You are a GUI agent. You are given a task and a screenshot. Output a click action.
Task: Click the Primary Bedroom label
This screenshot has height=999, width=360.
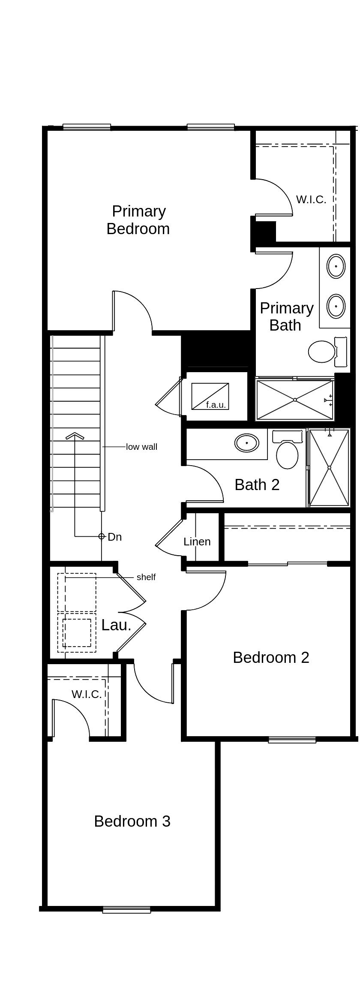click(x=138, y=220)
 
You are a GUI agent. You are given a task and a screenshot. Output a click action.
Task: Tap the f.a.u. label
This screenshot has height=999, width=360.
click(x=216, y=405)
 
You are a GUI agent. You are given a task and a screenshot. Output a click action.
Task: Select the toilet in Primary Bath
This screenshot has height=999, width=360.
click(x=322, y=352)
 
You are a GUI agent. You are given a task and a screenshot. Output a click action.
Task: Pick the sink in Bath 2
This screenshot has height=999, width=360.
click(x=247, y=443)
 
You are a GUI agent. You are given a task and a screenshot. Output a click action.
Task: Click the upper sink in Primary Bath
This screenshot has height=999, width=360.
click(x=336, y=266)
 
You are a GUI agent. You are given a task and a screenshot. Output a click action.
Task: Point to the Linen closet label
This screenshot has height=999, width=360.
click(x=197, y=542)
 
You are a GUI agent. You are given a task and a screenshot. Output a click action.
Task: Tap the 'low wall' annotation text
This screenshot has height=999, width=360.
click(x=141, y=447)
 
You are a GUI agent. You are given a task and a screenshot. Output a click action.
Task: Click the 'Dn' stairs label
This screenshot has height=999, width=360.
click(x=114, y=537)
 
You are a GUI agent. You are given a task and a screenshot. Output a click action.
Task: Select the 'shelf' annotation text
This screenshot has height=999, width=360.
click(x=146, y=577)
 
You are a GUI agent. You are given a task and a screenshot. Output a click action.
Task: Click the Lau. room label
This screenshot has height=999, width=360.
click(x=116, y=625)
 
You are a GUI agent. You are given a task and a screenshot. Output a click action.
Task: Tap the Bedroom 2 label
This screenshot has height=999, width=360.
click(x=271, y=657)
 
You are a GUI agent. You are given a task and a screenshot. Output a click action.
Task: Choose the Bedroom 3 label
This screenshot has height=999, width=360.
click(x=132, y=821)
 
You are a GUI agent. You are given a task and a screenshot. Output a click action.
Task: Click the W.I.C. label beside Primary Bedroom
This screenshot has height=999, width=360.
click(x=311, y=199)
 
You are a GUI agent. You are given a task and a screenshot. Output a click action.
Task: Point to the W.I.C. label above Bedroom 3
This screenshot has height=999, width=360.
click(x=87, y=694)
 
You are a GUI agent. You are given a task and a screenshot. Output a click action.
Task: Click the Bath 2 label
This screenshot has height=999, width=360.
click(x=257, y=484)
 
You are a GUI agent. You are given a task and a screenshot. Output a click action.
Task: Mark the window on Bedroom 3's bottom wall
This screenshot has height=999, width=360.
click(x=126, y=910)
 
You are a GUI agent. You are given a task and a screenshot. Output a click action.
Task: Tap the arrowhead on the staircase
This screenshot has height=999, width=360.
click(x=75, y=436)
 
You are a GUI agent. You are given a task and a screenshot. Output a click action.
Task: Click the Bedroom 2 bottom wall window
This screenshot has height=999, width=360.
click(x=292, y=739)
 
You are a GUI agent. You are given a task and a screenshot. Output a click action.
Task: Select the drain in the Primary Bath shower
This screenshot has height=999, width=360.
click(x=295, y=400)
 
